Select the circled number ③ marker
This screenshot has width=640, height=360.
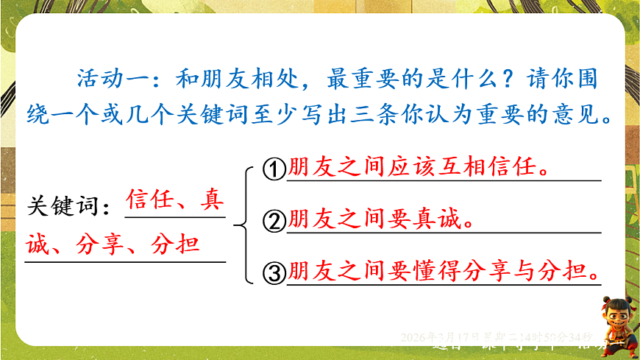pyautogui.click(x=273, y=274)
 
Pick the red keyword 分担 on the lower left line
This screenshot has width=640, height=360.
pyautogui.click(x=174, y=244)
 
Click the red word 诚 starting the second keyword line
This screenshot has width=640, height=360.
pyautogui.click(x=37, y=244)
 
